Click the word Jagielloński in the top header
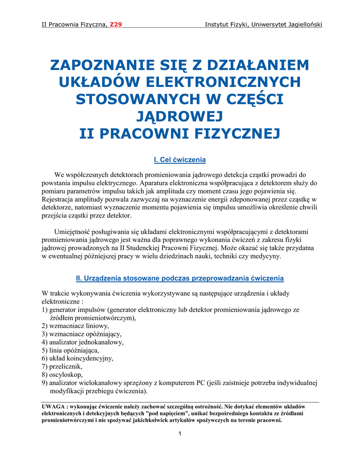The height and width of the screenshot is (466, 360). pos(302,24)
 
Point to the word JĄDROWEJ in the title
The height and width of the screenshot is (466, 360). pos(180,116)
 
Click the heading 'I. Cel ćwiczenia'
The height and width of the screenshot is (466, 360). pos(180,160)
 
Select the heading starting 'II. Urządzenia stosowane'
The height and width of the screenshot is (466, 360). pos(180,278)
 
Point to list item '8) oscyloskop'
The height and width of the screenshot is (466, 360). pos(62,375)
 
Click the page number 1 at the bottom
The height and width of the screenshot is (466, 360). pos(180,433)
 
